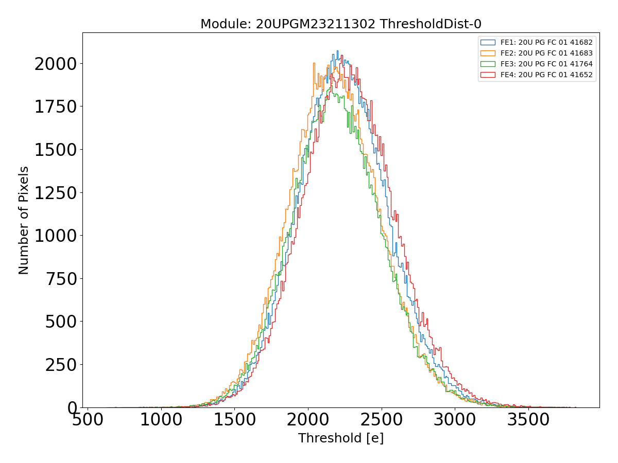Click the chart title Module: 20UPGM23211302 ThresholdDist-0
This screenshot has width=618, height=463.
point(340,24)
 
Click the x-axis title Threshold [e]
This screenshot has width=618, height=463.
point(340,438)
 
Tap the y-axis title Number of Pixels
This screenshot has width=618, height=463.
point(24,220)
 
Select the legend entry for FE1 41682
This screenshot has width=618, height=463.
point(546,42)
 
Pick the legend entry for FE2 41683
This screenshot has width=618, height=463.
point(546,53)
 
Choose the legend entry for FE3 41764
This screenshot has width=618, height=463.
point(546,64)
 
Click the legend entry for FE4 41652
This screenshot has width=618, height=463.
point(546,75)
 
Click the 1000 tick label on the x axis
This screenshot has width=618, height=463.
point(161,420)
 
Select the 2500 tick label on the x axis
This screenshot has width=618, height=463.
point(381,420)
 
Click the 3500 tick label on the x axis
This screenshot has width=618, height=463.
point(528,420)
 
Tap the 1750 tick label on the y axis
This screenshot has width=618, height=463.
point(55,107)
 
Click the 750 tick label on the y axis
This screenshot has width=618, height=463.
point(61,279)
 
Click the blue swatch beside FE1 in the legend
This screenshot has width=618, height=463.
point(488,42)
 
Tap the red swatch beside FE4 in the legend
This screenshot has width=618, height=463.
point(488,75)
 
